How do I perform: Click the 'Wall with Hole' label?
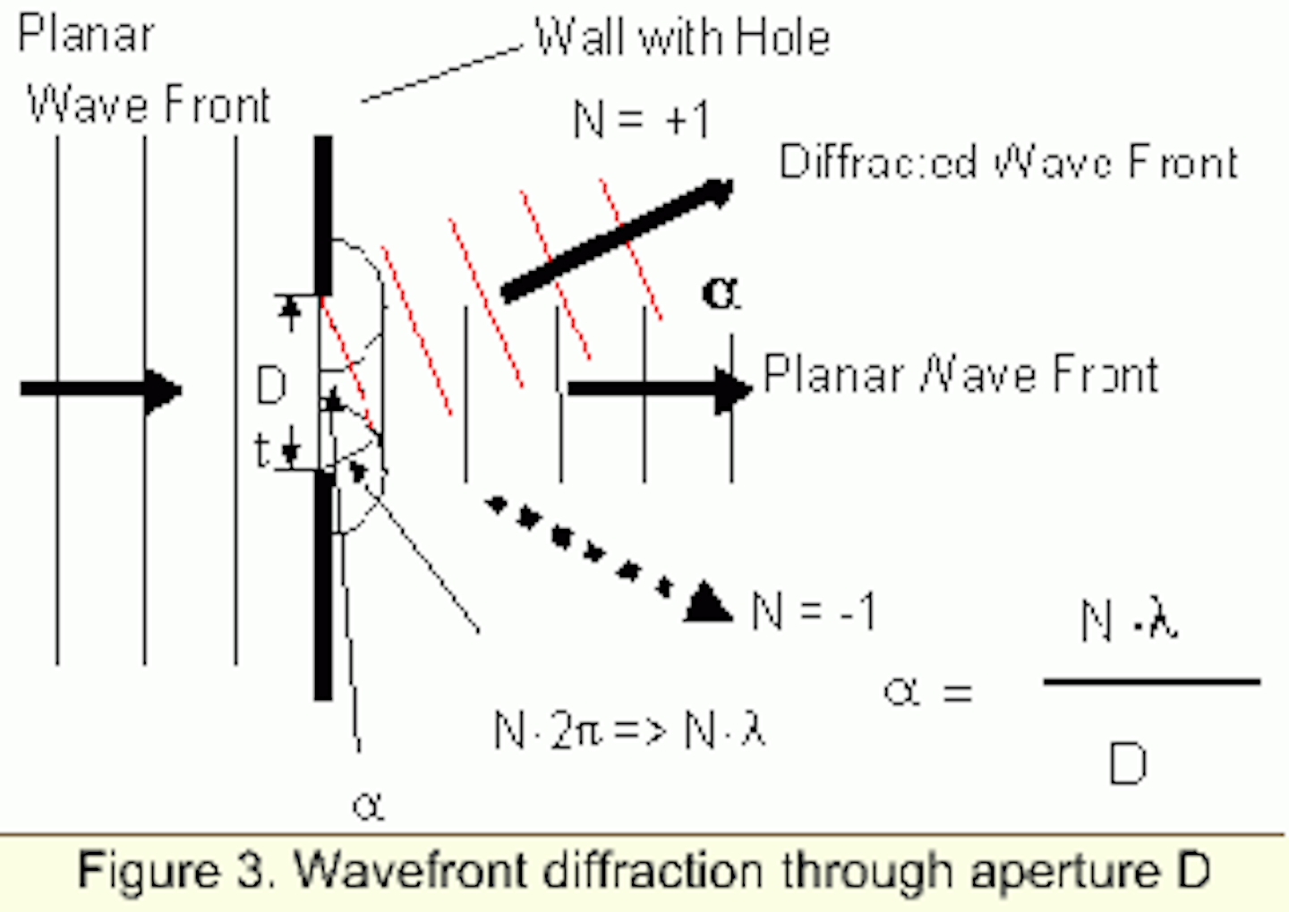coord(682,38)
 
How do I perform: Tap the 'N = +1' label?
coord(641,119)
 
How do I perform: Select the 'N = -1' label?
coord(813,611)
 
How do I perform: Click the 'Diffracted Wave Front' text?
coord(1008,162)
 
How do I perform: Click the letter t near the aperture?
coord(261,450)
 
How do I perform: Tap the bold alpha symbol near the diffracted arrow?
coord(721,293)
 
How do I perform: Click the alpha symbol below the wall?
coord(368,806)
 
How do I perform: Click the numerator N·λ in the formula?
coord(1129,619)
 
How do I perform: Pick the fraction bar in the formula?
coord(1151,682)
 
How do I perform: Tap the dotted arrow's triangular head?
coord(709,603)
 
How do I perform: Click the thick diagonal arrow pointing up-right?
coord(617,240)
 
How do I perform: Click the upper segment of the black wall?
coord(323,215)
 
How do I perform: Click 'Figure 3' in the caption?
coord(175,871)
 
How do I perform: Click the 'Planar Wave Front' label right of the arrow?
coord(960,374)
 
